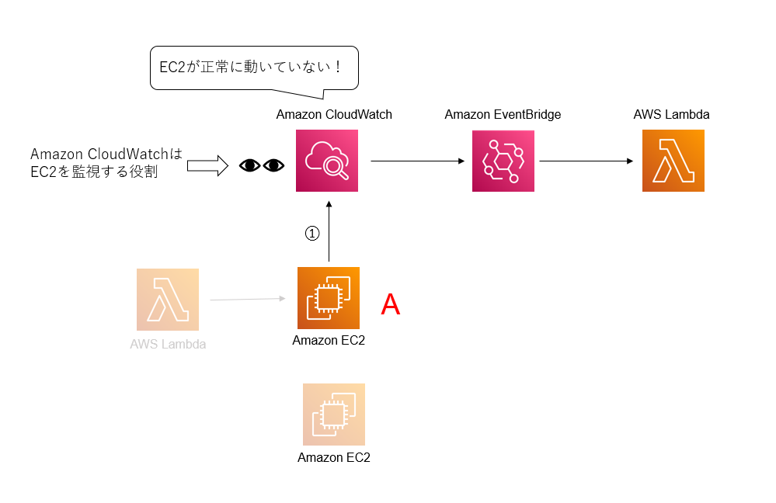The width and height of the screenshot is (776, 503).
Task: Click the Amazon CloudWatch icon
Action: point(327,161)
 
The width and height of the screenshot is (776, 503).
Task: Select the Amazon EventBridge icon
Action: point(503,161)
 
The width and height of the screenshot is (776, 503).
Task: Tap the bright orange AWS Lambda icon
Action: point(673,161)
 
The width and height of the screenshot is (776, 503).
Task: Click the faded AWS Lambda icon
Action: point(167,299)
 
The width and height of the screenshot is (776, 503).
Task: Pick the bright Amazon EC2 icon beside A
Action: point(329,298)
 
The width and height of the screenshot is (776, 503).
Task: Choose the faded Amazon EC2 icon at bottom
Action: point(334,414)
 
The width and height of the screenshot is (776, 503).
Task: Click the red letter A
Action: point(390,305)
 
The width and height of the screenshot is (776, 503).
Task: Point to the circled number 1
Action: point(311,233)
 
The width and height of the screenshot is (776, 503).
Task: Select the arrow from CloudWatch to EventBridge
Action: point(417,161)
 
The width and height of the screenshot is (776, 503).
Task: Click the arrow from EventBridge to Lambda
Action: point(586,161)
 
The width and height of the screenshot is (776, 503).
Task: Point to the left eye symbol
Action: point(249,165)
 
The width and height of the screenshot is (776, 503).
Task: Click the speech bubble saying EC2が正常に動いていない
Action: point(252,68)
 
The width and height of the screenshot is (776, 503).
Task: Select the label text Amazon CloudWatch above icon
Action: point(334,115)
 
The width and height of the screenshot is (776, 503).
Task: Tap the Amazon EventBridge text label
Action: point(503,115)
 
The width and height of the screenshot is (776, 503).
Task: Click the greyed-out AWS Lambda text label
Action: point(168,344)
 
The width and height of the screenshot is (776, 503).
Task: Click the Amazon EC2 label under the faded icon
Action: point(334,457)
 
